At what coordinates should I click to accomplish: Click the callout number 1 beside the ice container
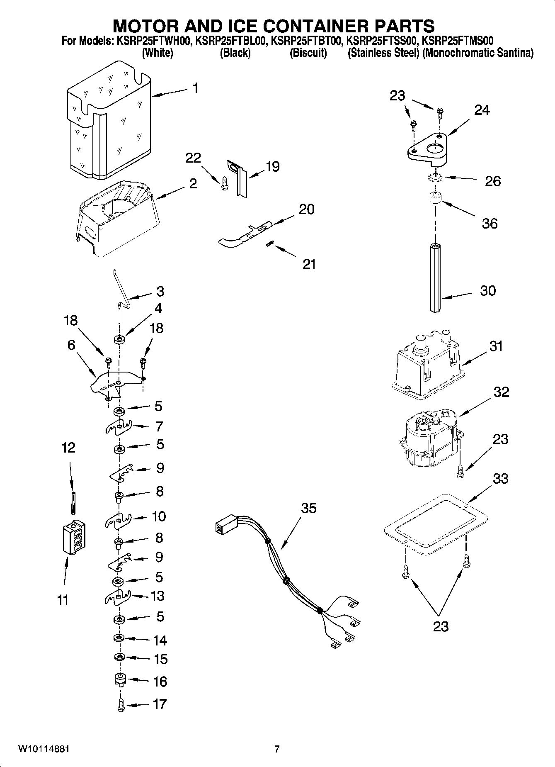tap(194, 88)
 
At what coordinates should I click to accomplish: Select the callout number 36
tap(490, 224)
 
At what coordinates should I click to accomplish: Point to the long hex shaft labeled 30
tap(434, 278)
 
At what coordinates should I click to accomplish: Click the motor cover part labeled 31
tap(427, 365)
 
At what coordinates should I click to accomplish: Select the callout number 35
tap(308, 508)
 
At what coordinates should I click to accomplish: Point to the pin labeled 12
tap(73, 502)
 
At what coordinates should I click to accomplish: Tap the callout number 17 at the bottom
tap(160, 704)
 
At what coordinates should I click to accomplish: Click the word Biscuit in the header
tap(308, 53)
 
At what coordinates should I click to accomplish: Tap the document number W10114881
tap(44, 749)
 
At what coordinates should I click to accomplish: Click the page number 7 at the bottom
tap(277, 749)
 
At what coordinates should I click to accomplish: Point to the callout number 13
tap(158, 596)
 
